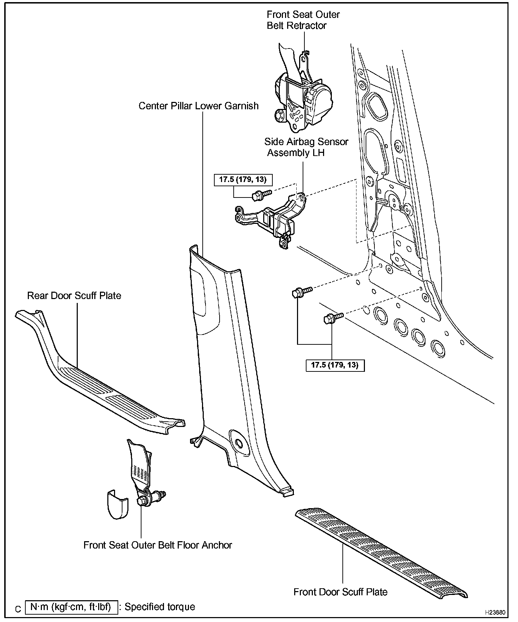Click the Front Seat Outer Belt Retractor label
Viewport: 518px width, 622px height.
(x=303, y=20)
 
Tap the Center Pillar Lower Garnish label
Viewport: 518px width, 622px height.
(x=198, y=106)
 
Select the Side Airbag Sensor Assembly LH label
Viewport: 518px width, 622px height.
(x=306, y=147)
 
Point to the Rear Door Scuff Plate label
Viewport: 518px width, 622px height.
(x=74, y=296)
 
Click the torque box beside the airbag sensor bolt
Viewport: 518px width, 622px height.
(x=243, y=180)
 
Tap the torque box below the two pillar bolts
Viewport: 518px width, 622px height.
(x=335, y=365)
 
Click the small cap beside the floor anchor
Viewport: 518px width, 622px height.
(x=117, y=504)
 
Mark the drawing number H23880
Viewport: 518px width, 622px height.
(x=495, y=612)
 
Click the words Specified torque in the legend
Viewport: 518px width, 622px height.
(x=160, y=607)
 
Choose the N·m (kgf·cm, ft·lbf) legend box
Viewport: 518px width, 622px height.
(x=71, y=607)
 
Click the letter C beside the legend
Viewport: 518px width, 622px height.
(x=19, y=609)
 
